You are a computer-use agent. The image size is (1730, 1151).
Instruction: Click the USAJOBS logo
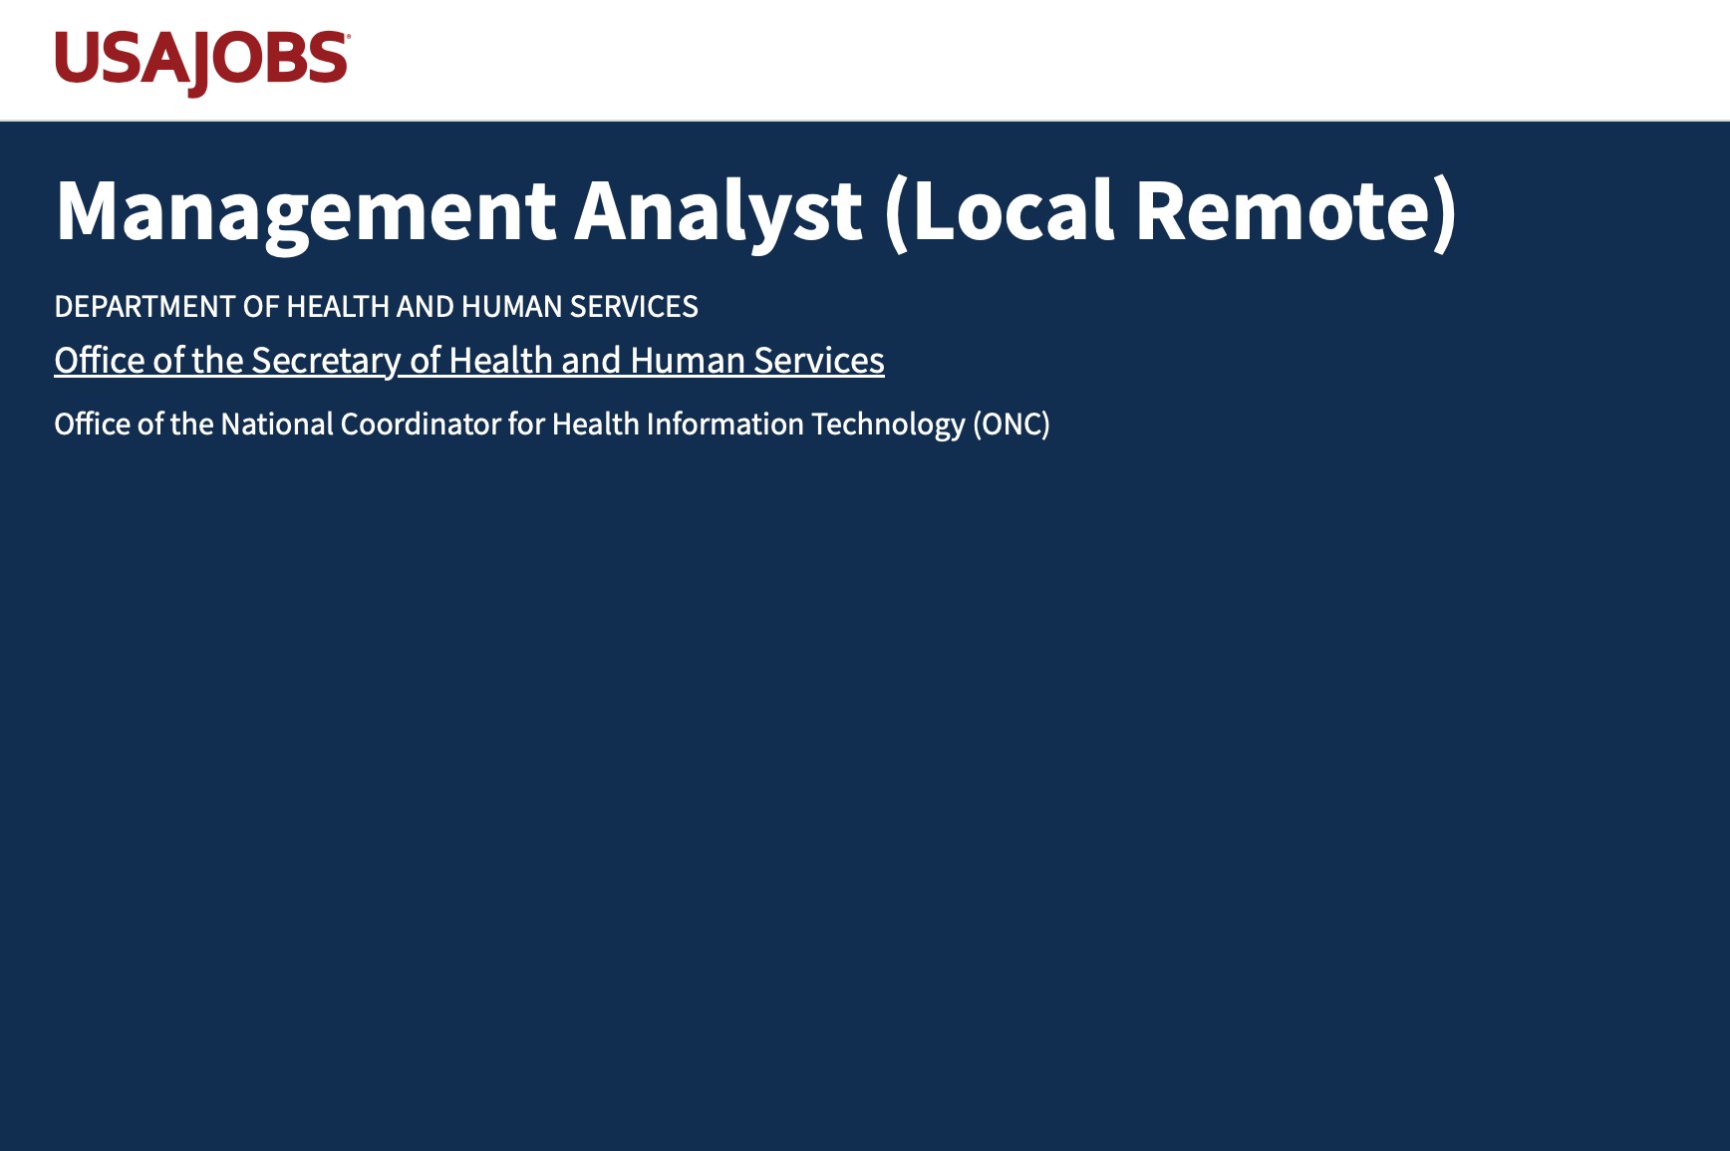[202, 63]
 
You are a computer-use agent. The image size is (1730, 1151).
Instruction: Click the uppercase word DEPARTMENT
[145, 307]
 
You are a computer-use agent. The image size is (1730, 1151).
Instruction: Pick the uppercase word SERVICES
[634, 307]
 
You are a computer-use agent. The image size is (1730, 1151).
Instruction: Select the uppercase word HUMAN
[511, 307]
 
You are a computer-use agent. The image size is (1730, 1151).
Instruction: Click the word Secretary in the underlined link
[326, 361]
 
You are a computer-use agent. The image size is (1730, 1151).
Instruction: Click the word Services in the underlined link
[819, 361]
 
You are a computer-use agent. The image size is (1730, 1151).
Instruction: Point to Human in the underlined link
[688, 361]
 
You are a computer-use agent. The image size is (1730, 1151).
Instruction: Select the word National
[277, 425]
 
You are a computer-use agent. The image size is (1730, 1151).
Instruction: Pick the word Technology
[888, 426]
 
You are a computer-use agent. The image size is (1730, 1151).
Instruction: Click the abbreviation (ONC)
[1011, 426]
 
